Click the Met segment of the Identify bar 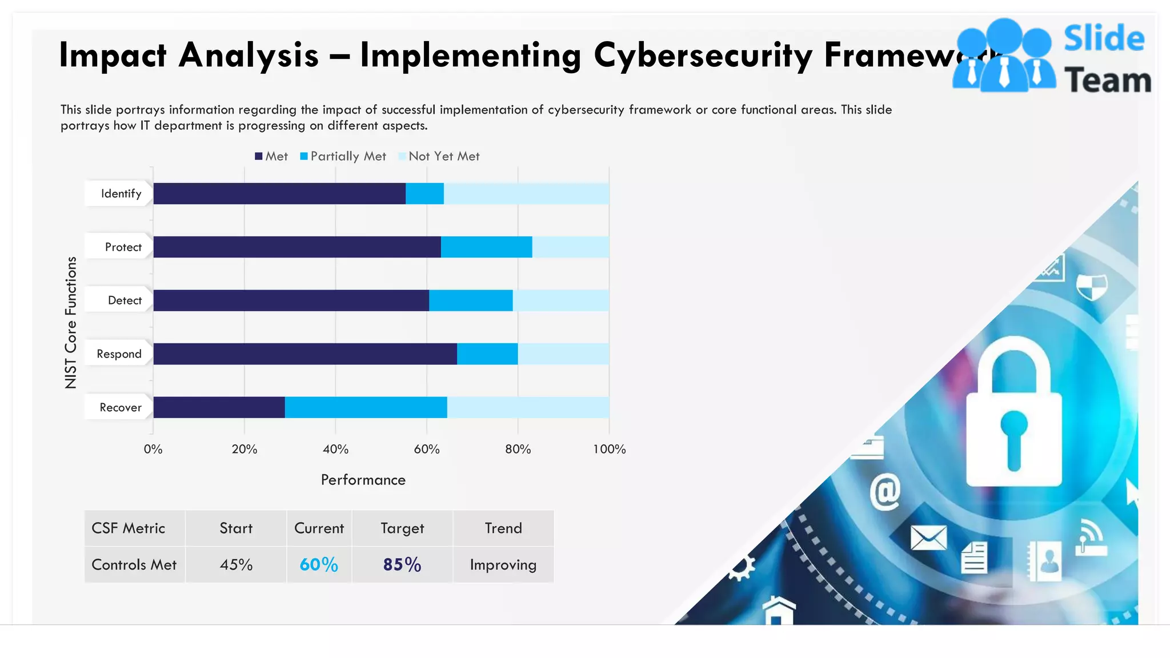point(279,194)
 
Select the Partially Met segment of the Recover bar point(366,407)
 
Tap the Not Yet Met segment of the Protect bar point(570,247)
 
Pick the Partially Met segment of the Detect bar point(471,300)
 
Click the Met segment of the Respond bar point(305,354)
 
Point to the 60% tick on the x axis point(427,450)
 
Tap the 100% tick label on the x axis point(609,450)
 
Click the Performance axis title point(363,480)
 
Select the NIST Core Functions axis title point(71,323)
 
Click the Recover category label point(120,408)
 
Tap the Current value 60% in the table point(319,565)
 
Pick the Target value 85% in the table point(402,565)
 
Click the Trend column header point(503,528)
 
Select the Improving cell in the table point(503,565)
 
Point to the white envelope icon point(928,537)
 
